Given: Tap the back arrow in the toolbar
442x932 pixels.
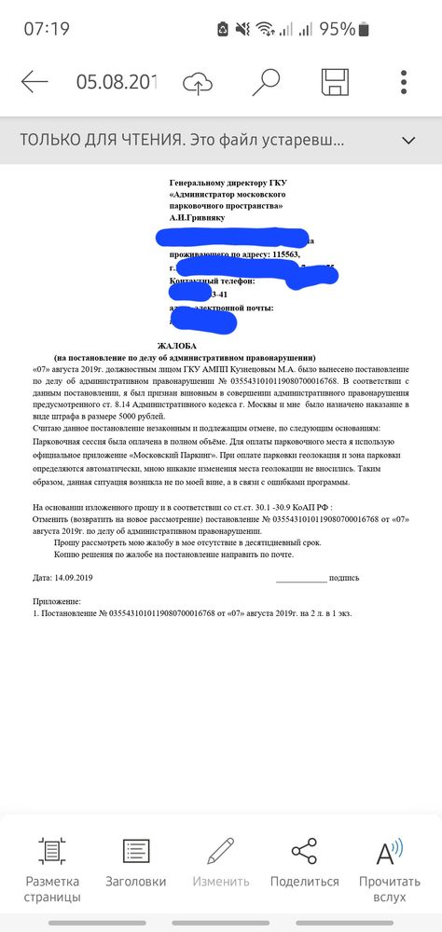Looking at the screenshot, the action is (35, 82).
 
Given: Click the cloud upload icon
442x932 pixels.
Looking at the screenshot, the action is (197, 82).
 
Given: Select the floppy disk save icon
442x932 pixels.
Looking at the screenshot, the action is (335, 82).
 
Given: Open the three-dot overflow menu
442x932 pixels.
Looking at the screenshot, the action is (404, 82).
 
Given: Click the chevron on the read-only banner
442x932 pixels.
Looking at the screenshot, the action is (407, 141).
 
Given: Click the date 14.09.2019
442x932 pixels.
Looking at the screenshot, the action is (75, 578).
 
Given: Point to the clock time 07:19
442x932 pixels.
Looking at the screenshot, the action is (47, 29).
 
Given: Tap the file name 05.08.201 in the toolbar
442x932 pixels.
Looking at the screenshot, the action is (117, 82).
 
